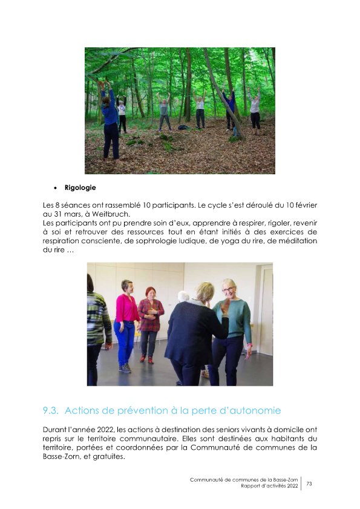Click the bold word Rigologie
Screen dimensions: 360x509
[x=80, y=188]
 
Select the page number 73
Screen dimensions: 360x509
[x=309, y=484]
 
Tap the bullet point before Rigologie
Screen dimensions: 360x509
[x=55, y=188]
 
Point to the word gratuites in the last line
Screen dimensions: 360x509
[x=106, y=457]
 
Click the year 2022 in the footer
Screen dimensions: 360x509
[x=291, y=487]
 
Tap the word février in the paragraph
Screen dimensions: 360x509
[x=301, y=205]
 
